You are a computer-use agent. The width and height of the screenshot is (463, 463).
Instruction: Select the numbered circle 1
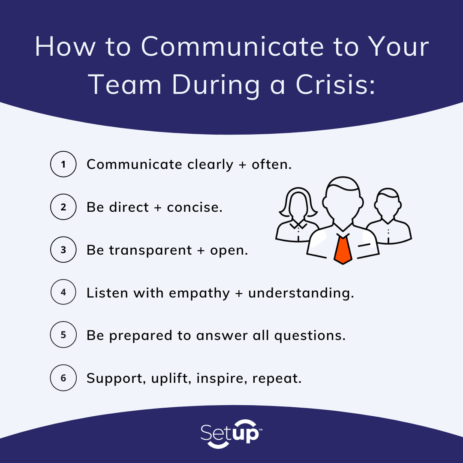(x=63, y=165)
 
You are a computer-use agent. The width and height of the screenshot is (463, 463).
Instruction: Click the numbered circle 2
(x=63, y=207)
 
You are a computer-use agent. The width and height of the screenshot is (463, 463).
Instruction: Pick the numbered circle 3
(x=63, y=250)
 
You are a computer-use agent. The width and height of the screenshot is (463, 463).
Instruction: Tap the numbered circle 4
(x=63, y=293)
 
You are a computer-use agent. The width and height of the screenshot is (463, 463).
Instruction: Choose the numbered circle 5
(x=63, y=335)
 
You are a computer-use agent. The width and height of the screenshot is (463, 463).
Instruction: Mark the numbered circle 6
(x=63, y=378)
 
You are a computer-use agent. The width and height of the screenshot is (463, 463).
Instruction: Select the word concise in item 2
(x=195, y=207)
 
